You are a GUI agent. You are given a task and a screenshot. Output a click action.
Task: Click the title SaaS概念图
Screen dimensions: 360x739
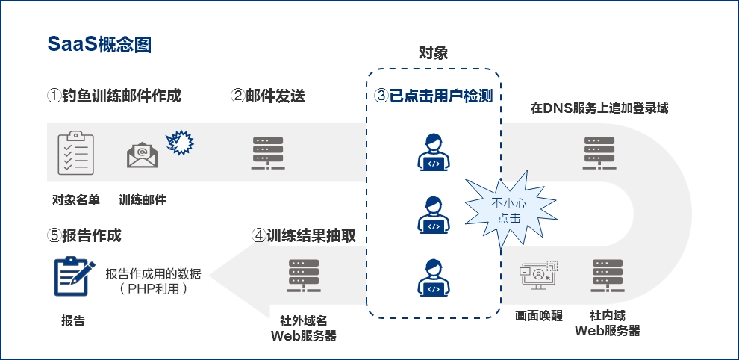[99, 44]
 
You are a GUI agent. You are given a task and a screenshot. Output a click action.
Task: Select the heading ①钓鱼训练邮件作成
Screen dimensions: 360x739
[114, 96]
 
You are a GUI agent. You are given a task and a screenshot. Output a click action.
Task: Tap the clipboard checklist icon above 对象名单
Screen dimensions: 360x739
[75, 152]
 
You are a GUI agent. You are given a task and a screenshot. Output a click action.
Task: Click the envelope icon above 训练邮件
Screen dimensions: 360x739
[142, 155]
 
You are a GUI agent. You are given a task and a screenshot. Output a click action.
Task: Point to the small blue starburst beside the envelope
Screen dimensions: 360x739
[178, 142]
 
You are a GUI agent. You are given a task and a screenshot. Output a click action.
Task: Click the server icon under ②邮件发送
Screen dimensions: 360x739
[268, 154]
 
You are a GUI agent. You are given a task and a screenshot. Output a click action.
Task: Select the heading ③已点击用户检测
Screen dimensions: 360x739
[434, 96]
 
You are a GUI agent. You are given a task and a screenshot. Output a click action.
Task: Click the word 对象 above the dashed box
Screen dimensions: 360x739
[433, 53]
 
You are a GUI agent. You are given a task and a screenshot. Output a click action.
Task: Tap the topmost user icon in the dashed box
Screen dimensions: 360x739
[432, 152]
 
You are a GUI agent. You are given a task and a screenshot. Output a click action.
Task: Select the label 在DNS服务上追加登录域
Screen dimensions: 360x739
[599, 108]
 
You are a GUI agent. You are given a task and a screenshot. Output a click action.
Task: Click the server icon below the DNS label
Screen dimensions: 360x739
[599, 154]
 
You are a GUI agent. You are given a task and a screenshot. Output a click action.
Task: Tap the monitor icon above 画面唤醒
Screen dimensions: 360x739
[538, 275]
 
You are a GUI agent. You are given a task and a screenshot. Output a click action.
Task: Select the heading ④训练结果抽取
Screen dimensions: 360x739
[304, 235]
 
